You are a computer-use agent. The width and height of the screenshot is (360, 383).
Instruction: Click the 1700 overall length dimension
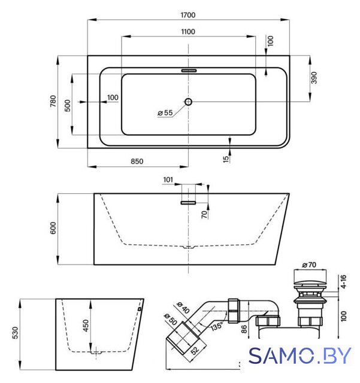click(188, 15)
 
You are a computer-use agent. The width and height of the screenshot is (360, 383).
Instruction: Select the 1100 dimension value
click(188, 32)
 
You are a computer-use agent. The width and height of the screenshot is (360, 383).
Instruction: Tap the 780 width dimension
click(53, 101)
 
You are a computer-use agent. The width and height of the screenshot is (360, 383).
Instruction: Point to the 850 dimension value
click(137, 162)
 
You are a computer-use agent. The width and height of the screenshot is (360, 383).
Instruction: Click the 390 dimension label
click(314, 78)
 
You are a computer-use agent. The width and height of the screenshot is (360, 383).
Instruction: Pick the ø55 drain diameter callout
click(165, 113)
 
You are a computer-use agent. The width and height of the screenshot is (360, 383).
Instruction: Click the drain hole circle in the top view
click(188, 102)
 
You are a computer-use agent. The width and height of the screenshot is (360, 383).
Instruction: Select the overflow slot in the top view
click(189, 71)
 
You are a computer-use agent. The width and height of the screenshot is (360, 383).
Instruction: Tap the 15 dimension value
click(226, 159)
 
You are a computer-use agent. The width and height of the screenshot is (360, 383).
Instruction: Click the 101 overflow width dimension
click(168, 180)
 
